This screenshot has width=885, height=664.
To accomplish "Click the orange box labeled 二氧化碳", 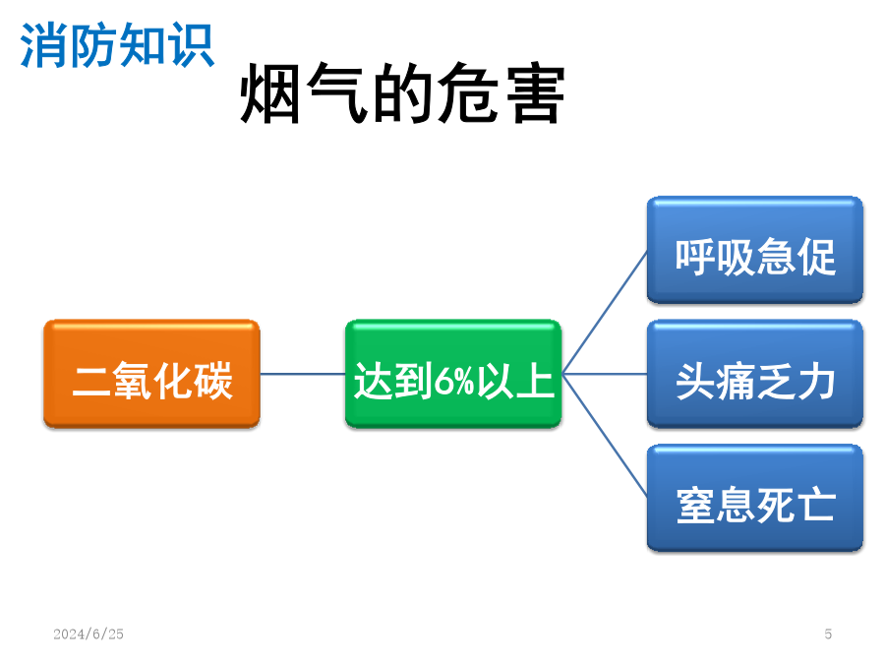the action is click(151, 374).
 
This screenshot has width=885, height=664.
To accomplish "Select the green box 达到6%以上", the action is click(453, 374).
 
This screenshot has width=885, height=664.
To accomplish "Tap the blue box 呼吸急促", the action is click(754, 250).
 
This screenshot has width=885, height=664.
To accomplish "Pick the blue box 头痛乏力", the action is click(754, 374).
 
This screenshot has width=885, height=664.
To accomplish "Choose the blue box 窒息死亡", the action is click(754, 498).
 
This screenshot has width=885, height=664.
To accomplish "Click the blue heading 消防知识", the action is click(117, 45).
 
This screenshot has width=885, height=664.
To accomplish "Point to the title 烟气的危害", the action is click(403, 92).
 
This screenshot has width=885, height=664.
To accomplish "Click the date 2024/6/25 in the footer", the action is click(88, 634).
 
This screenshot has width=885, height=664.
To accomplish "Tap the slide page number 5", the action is click(828, 634).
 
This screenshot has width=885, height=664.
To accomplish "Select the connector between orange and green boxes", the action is click(303, 374).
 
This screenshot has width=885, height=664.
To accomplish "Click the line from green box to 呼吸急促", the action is click(605, 312).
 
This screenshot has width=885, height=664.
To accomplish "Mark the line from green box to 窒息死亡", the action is click(605, 436).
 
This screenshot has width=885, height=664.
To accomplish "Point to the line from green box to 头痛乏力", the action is click(605, 374).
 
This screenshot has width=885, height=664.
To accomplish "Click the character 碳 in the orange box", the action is click(213, 381).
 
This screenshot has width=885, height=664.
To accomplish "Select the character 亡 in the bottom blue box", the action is click(815, 505).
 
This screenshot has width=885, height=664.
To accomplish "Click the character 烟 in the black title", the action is click(270, 93).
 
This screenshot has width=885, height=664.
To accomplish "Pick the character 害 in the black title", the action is click(535, 93).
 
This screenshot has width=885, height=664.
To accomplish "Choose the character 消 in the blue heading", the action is click(43, 45).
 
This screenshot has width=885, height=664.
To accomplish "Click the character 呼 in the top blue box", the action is click(695, 258).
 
